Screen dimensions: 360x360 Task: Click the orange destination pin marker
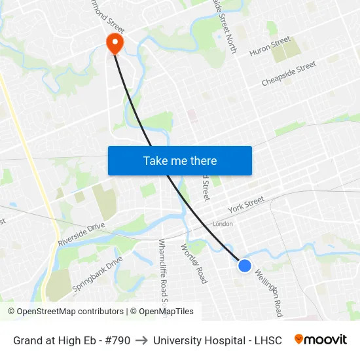click(115, 43)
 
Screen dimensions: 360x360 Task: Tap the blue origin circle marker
click(245, 265)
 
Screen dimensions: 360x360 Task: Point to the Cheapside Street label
click(289, 74)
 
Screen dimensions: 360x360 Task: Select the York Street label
click(245, 205)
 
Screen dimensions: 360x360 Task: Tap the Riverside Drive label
click(81, 234)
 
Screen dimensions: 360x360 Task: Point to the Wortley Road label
click(194, 263)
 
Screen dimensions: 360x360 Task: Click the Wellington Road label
click(269, 293)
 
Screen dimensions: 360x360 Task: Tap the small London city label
click(223, 224)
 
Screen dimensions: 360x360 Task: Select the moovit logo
click(320, 340)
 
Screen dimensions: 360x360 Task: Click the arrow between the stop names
click(141, 340)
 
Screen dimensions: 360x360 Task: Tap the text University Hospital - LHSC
click(217, 340)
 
